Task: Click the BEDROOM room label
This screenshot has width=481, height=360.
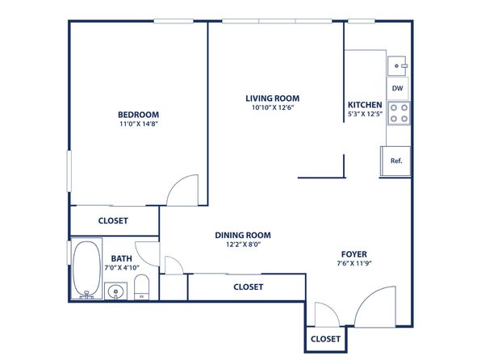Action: [138, 115]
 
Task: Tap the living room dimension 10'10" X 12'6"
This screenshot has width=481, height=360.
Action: [273, 107]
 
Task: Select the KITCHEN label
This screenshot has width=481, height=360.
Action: [365, 105]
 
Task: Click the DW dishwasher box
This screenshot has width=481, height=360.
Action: [398, 89]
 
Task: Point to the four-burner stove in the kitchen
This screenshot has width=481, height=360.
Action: [399, 113]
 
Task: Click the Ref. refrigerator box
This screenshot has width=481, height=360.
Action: [395, 161]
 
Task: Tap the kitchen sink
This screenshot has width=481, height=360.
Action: [397, 65]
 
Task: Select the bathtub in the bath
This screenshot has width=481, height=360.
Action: [86, 269]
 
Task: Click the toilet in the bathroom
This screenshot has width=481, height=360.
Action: [142, 287]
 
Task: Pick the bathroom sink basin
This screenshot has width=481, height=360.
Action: [115, 291]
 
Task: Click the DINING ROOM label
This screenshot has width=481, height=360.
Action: [243, 236]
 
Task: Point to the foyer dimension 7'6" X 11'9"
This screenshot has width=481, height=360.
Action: [354, 263]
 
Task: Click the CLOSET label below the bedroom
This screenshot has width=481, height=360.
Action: [113, 220]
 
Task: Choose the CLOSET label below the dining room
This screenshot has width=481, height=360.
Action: [249, 287]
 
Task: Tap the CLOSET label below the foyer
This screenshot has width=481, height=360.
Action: [325, 339]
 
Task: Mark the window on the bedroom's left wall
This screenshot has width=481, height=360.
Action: [69, 171]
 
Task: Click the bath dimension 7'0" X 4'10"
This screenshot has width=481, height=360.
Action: [122, 268]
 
